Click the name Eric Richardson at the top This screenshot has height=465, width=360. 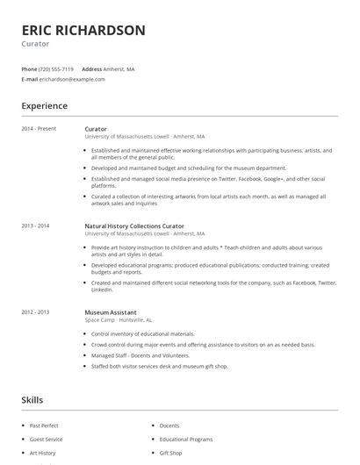tap(83, 31)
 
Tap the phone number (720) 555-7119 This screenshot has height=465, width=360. tap(57, 68)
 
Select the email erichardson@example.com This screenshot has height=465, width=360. tap(72, 79)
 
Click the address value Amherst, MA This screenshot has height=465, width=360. tap(120, 68)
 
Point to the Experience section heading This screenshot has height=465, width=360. tap(45, 106)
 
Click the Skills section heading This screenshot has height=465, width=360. tap(32, 400)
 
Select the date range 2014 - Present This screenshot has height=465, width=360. tap(39, 129)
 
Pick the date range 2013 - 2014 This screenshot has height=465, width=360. tap(35, 226)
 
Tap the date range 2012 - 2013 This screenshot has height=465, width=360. tap(35, 312)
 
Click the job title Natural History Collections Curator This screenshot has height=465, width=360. tap(134, 226)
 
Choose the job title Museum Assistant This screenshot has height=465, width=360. tap(110, 312)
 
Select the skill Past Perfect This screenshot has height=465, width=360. tap(45, 425)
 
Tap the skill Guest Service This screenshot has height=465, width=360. tap(47, 439)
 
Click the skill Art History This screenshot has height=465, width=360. tap(43, 453)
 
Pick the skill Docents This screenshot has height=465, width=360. tap(169, 425)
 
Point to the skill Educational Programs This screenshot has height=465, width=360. tap(186, 439)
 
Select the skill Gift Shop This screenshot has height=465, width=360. tap(171, 453)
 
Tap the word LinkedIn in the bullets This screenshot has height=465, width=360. tap(102, 290)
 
